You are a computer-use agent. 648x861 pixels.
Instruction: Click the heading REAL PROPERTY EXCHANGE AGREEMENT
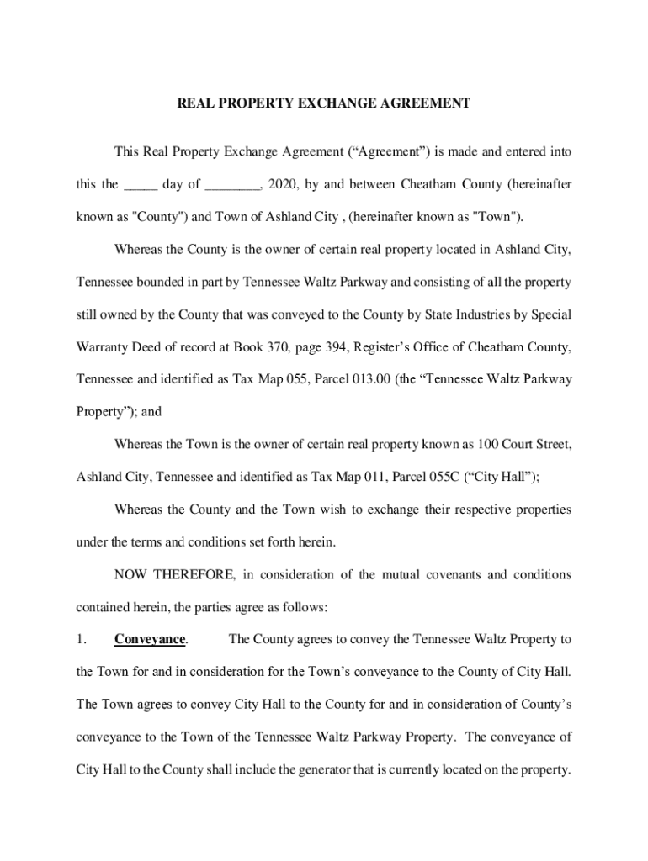pos(323,103)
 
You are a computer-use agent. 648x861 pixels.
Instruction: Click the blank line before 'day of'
pos(140,185)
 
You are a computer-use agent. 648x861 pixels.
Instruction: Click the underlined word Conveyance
pos(150,640)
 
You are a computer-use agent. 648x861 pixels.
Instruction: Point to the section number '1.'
pos(82,640)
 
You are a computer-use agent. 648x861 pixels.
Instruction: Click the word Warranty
pos(104,347)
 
